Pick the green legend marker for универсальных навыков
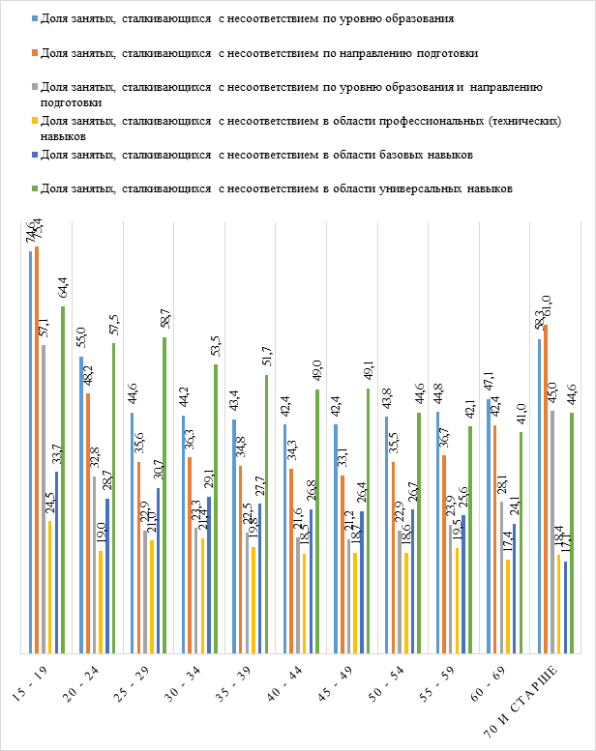(x=36, y=187)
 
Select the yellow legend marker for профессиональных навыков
(x=36, y=121)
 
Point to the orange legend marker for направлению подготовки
(x=36, y=53)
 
